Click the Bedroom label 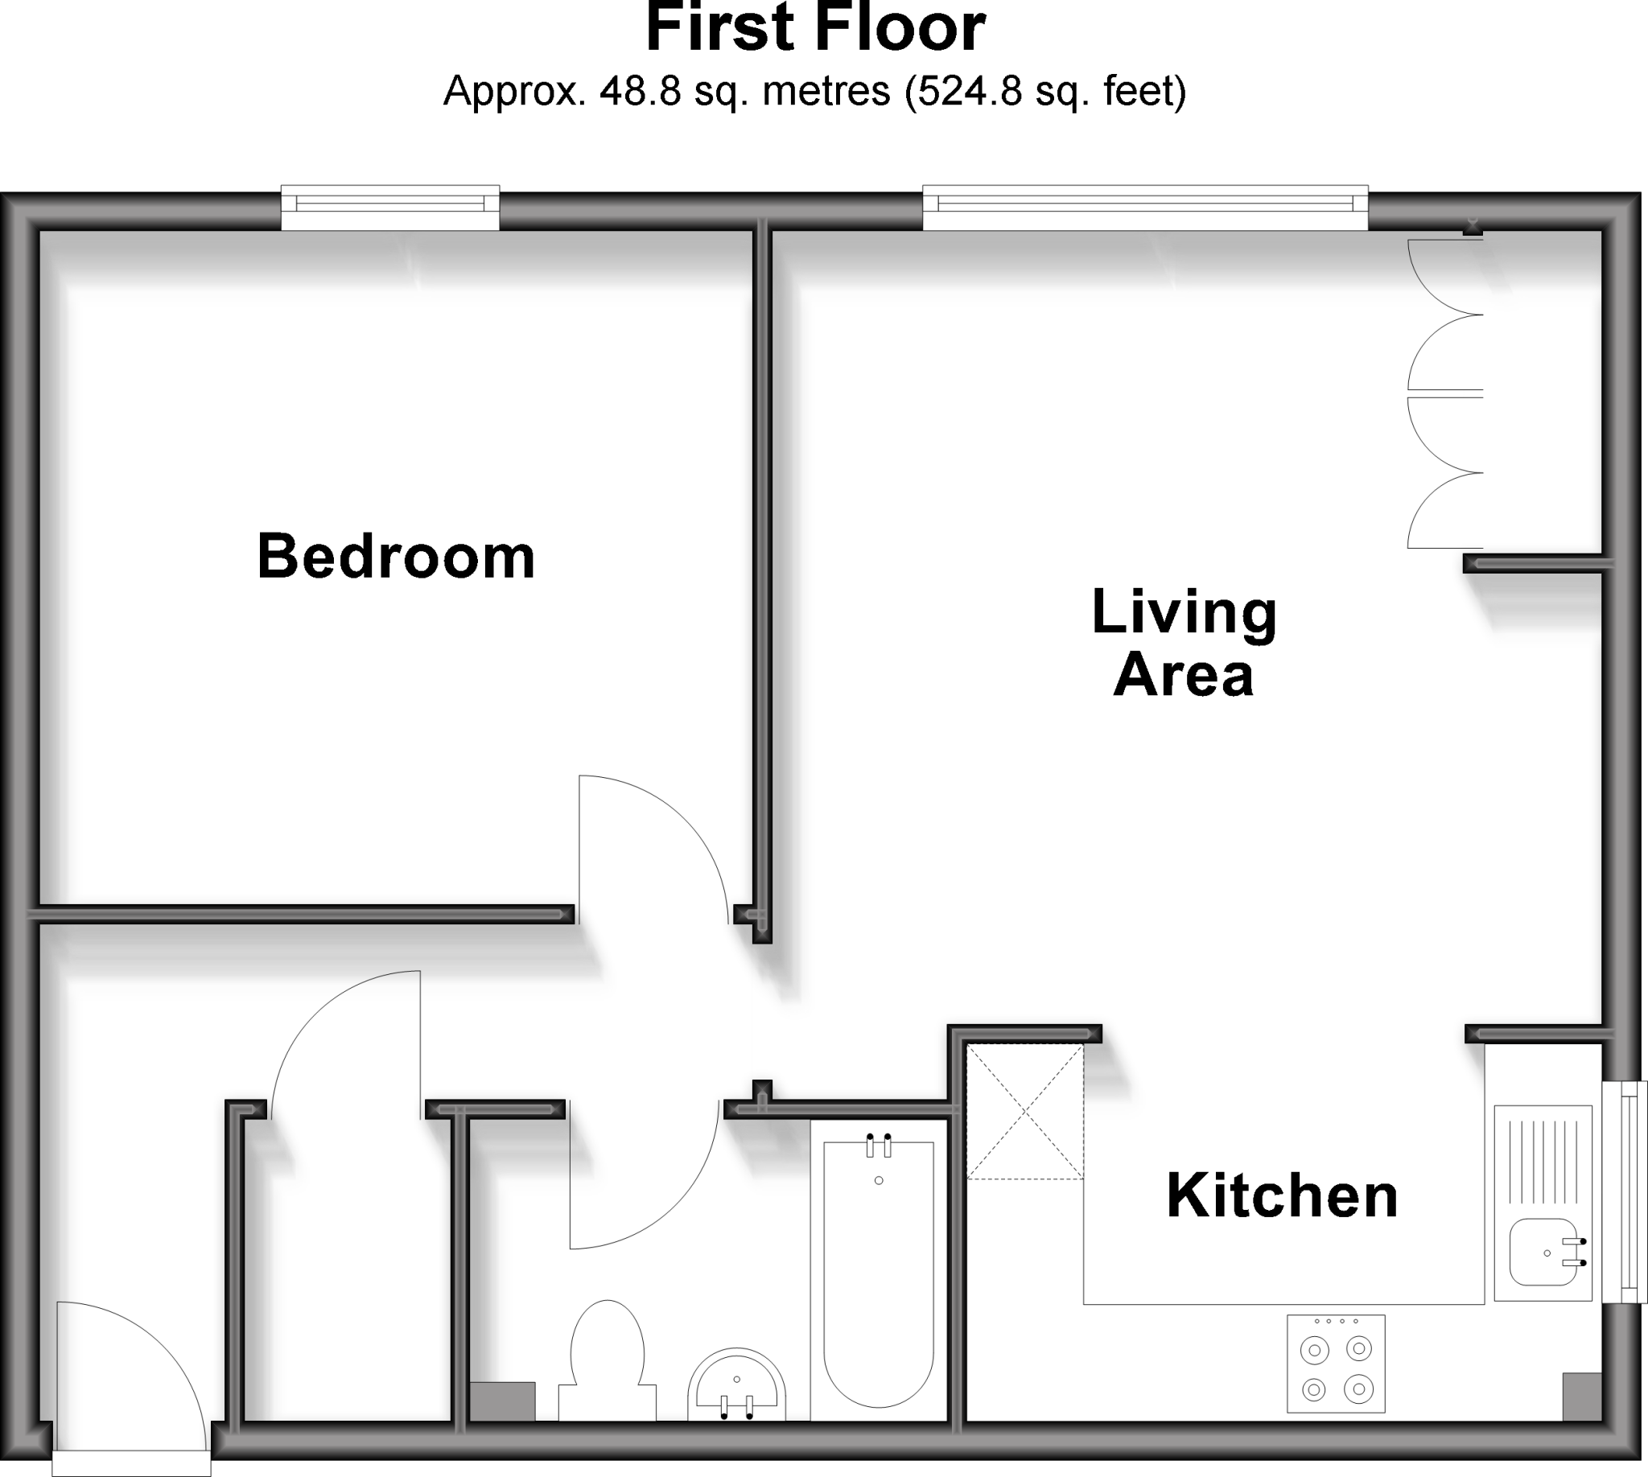tap(396, 557)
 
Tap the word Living tap(1184, 614)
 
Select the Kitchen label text tap(1282, 1197)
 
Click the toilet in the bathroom tap(608, 1360)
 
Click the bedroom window tap(390, 208)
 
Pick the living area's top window tap(1145, 208)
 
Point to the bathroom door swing tap(633, 1185)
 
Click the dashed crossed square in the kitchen tap(1024, 1111)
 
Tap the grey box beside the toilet tap(502, 1402)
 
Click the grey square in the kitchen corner tap(1582, 1397)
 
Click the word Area tap(1184, 676)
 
